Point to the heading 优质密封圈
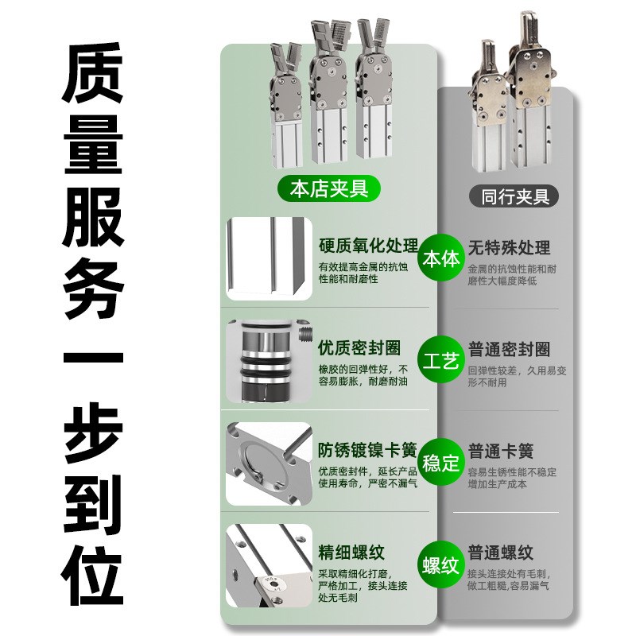[x=359, y=349]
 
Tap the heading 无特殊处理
[x=510, y=248]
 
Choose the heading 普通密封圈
[x=510, y=350]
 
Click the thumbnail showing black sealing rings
[x=268, y=361]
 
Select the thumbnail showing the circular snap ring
[x=268, y=463]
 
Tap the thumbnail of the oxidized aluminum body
[x=268, y=258]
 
